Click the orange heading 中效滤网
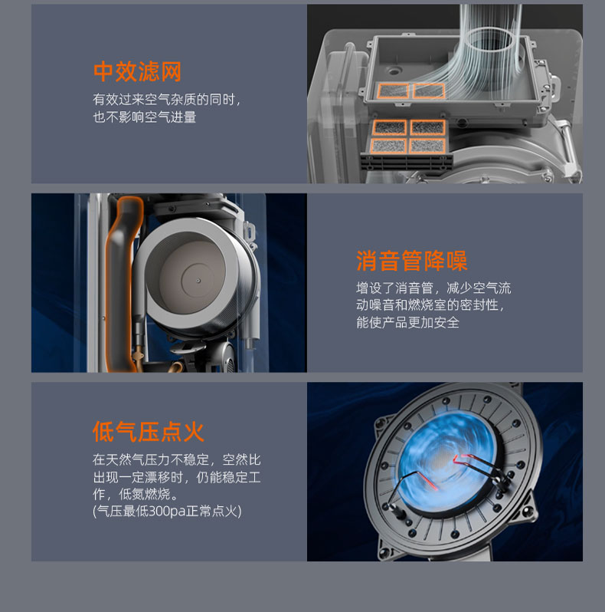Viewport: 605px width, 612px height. [x=137, y=71]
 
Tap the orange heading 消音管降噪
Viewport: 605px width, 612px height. [x=412, y=261]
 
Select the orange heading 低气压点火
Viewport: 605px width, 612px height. [x=149, y=432]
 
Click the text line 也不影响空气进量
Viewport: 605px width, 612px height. [x=145, y=117]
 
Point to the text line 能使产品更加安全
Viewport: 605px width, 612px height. [x=407, y=322]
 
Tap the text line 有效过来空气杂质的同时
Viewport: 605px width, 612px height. [x=166, y=100]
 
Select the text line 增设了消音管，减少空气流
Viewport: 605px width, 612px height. [x=433, y=288]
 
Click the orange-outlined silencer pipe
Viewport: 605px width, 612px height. [x=122, y=285]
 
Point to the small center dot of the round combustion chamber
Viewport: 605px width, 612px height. [x=198, y=281]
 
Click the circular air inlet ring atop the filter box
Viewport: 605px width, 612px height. [x=490, y=40]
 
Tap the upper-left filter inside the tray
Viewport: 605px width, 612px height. [x=393, y=91]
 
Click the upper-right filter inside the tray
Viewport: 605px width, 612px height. [x=429, y=90]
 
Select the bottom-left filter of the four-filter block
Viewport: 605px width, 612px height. [x=388, y=146]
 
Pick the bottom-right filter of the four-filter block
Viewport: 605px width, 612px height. [x=427, y=146]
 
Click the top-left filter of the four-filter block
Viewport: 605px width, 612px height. [x=390, y=127]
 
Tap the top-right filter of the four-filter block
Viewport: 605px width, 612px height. [x=427, y=127]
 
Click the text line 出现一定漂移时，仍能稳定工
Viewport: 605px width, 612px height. [x=177, y=477]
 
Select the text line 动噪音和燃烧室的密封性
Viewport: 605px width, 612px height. [x=430, y=305]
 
